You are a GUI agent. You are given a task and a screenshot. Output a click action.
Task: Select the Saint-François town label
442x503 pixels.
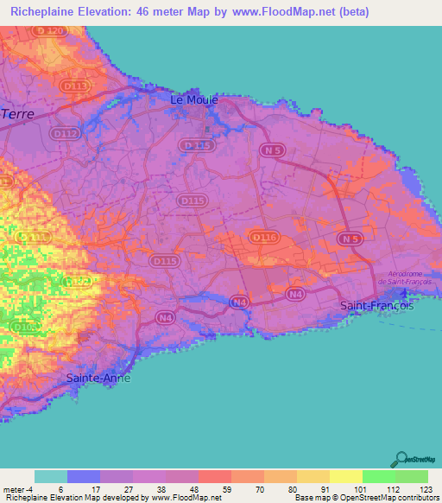377,306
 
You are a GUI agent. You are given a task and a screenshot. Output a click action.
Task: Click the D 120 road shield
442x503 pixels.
50,30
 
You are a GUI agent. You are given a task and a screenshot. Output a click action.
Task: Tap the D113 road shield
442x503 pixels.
76,86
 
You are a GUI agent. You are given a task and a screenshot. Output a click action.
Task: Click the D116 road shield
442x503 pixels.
262,236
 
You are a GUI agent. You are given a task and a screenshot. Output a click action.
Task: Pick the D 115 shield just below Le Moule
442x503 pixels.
199,146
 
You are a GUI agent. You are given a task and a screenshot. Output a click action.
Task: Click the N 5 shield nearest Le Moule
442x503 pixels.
272,150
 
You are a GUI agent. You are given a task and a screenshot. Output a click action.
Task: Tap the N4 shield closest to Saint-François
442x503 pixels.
296,295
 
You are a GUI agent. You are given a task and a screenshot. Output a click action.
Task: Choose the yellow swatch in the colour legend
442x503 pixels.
345,476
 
